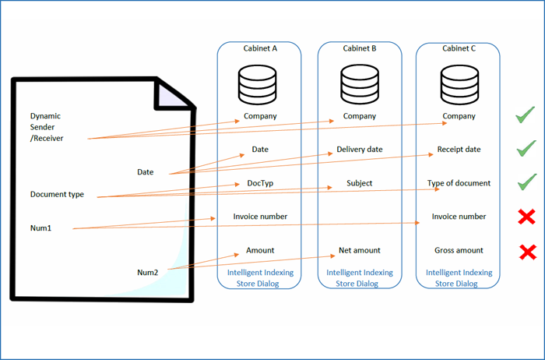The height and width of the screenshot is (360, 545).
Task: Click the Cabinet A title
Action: coord(260,48)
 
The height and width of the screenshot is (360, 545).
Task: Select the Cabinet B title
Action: coord(360,48)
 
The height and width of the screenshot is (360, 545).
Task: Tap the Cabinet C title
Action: coord(459,48)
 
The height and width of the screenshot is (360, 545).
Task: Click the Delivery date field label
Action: coord(360,150)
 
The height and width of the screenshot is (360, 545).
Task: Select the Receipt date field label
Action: coord(459,150)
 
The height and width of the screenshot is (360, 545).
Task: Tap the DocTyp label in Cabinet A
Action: coord(260,183)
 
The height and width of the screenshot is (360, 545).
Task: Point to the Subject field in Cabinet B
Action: coord(360,183)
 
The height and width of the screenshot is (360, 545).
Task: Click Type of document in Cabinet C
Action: coord(459,183)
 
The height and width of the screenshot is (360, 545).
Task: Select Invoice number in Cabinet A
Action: coord(260,217)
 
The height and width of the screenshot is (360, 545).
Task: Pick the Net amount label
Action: coord(360,250)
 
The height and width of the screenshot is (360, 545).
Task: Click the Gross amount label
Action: coord(459,250)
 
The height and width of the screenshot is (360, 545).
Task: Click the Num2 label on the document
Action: coord(148,272)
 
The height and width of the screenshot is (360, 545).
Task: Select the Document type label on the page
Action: coord(57,194)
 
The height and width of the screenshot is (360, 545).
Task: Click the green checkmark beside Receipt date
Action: coord(526,148)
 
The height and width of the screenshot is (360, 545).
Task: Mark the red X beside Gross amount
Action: coord(527,251)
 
